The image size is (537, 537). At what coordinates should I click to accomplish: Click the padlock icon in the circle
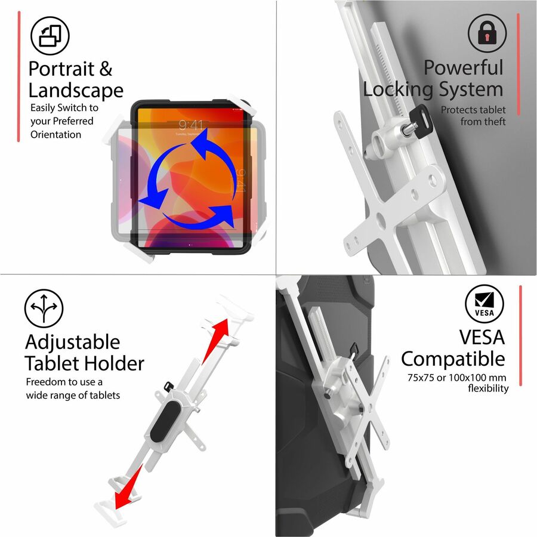coord(487,33)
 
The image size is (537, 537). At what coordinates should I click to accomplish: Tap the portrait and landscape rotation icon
coord(50,36)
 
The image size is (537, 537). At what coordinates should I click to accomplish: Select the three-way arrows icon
coord(44,308)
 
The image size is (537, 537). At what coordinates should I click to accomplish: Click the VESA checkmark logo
coord(484,304)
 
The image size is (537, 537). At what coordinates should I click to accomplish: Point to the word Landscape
coord(76,91)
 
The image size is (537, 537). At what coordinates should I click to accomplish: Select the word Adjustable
coord(73,342)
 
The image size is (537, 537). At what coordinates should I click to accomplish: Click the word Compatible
coord(453,359)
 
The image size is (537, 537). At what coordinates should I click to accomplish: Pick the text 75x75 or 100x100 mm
coord(456,378)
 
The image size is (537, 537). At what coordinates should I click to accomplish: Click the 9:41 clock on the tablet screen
coord(190,125)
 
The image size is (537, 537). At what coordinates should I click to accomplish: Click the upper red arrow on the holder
coord(216,341)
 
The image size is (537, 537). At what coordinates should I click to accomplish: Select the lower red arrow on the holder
coord(128,487)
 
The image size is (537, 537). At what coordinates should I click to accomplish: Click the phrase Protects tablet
coord(473,110)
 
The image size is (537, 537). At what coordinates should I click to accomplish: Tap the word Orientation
coord(56,134)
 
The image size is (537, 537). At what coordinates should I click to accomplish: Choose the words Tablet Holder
coord(85,363)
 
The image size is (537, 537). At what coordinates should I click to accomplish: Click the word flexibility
coord(488,388)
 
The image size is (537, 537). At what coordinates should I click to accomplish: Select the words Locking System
coord(433,89)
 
